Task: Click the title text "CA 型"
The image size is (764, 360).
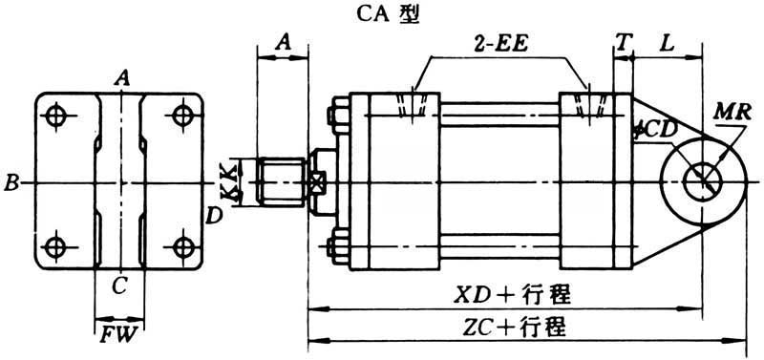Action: pyautogui.click(x=386, y=14)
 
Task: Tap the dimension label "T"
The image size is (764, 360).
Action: pyautogui.click(x=623, y=44)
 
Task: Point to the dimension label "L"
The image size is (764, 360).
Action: pyautogui.click(x=667, y=44)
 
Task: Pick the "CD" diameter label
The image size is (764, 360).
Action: pyautogui.click(x=659, y=131)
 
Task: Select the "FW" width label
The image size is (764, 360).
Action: pyautogui.click(x=118, y=337)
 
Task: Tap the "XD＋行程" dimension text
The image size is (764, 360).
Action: pyautogui.click(x=513, y=295)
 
